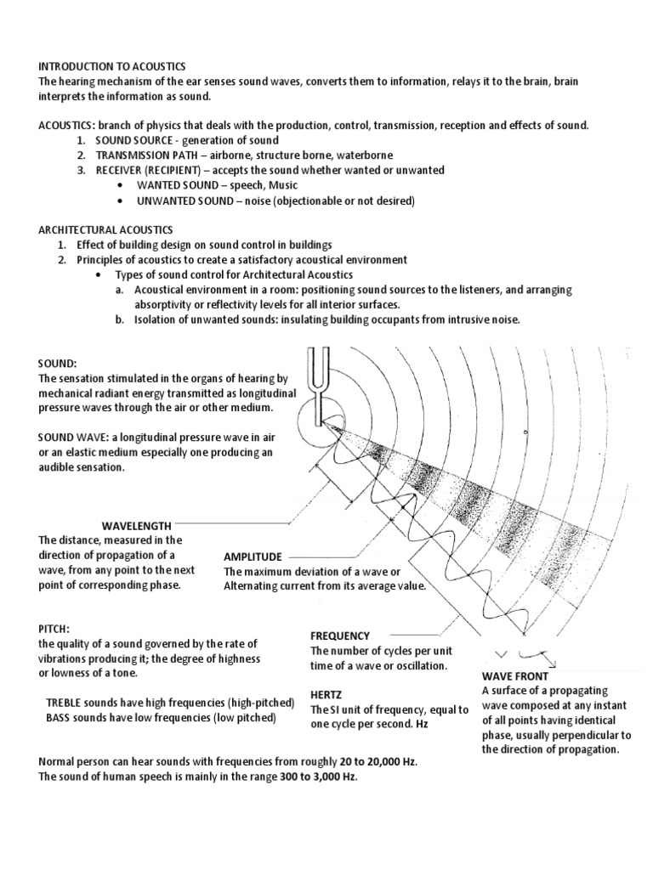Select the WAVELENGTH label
pyautogui.click(x=137, y=526)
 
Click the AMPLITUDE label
pyautogui.click(x=253, y=556)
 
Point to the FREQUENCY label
pyautogui.click(x=340, y=636)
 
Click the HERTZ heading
pyautogui.click(x=326, y=694)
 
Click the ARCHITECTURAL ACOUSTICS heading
pyautogui.click(x=105, y=229)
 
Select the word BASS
pyautogui.click(x=60, y=718)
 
